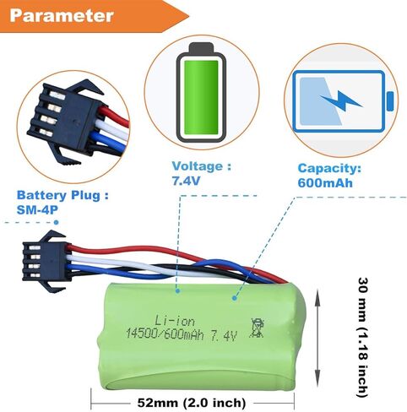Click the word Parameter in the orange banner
point(62,16)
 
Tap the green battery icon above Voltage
point(201,93)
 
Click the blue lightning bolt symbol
point(341,100)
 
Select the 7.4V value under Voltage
point(186,181)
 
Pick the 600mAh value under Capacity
point(325,183)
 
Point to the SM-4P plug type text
point(37,209)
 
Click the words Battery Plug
point(58,195)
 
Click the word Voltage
point(198,166)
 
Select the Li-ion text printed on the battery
point(175,321)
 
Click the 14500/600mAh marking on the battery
point(165,334)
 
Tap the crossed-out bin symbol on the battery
point(257,328)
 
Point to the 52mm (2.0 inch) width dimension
point(192,403)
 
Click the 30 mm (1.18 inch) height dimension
point(363,337)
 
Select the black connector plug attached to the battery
point(46,262)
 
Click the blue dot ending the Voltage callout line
point(177,291)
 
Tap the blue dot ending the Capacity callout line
point(234,298)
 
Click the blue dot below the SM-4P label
point(57,222)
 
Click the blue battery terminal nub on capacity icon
point(390,101)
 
